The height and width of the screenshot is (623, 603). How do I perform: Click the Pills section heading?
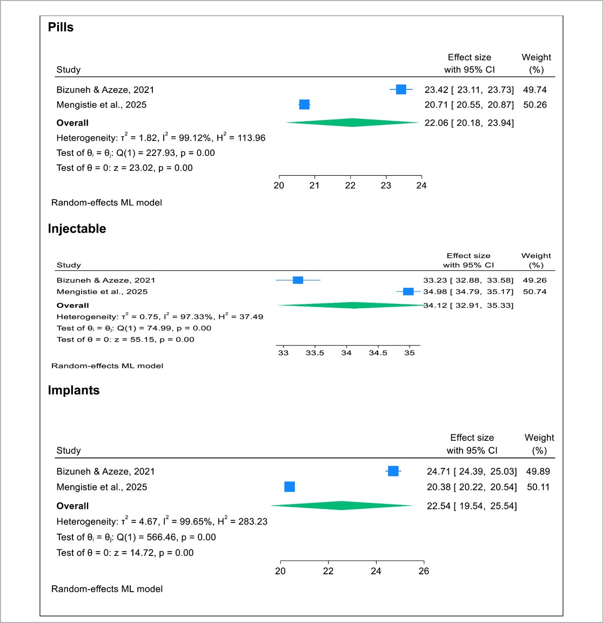61,27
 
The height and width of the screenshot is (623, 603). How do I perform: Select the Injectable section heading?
77,229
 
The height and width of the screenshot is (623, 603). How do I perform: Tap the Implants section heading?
73,390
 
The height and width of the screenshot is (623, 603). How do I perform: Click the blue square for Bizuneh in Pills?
401,90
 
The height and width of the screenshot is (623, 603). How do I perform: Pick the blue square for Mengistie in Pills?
304,104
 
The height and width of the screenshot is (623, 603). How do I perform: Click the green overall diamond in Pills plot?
352,123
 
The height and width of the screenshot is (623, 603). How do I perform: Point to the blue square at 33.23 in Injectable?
298,280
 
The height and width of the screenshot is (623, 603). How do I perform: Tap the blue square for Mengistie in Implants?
290,487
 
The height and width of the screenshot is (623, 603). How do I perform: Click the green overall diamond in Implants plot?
341,506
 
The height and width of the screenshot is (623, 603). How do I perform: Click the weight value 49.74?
534,90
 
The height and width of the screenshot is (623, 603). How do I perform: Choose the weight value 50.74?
534,291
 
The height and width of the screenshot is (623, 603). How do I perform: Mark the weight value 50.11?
538,487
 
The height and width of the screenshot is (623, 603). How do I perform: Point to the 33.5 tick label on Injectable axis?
314,353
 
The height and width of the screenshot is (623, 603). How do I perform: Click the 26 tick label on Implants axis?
424,571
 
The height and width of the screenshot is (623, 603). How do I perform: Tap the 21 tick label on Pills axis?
314,185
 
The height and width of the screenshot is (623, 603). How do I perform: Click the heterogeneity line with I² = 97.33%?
160,317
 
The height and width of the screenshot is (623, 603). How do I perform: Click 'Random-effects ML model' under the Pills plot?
106,203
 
